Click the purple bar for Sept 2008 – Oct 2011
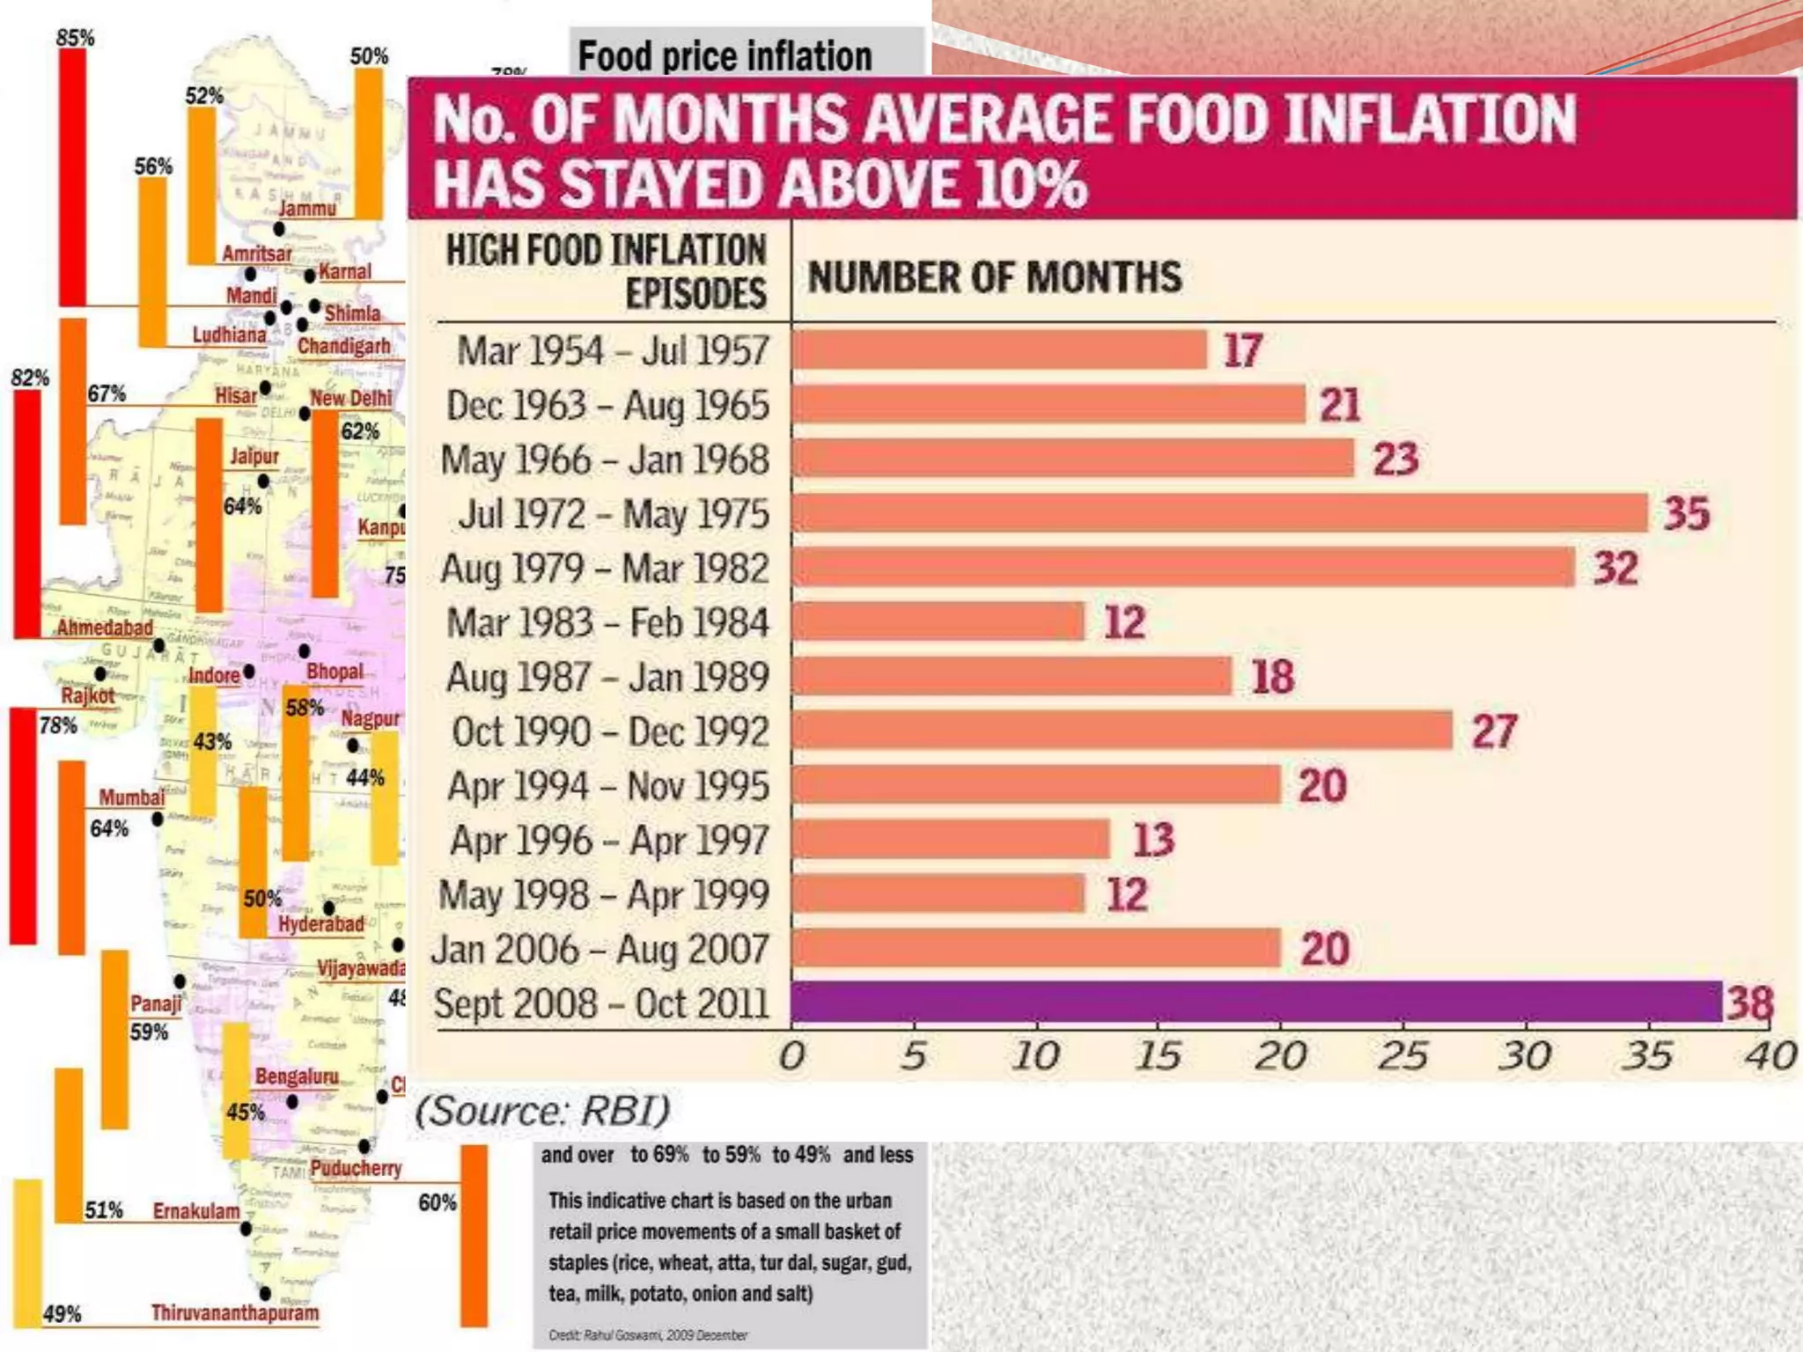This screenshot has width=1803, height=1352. click(x=1256, y=1002)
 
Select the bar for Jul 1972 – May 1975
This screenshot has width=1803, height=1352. click(x=1220, y=513)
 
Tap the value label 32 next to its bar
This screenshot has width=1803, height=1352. click(x=1616, y=569)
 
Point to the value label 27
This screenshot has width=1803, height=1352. click(x=1495, y=731)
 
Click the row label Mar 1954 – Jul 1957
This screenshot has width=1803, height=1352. click(x=613, y=350)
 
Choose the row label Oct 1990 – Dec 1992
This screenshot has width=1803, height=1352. click(x=610, y=731)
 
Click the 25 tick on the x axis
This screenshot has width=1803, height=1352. click(x=1402, y=1055)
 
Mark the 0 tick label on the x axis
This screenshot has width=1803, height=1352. click(x=791, y=1055)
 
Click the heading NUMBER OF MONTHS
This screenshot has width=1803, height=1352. click(x=995, y=277)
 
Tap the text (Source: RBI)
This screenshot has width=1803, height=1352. click(x=542, y=1111)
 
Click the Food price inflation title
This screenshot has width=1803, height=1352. click(x=725, y=56)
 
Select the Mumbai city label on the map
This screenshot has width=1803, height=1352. click(x=131, y=797)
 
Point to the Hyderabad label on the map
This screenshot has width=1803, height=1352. click(x=321, y=924)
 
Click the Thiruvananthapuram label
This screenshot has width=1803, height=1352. click(x=235, y=1313)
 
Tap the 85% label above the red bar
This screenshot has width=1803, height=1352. click(x=75, y=38)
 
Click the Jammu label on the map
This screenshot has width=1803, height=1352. click(x=307, y=209)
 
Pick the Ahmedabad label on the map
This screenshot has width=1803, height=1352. click(x=105, y=628)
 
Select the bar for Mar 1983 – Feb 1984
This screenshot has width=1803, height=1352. click(x=938, y=622)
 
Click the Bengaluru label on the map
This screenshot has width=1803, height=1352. click(x=297, y=1076)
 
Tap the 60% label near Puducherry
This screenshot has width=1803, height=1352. click(x=437, y=1202)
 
